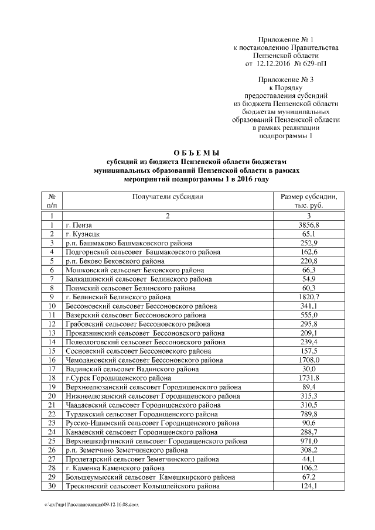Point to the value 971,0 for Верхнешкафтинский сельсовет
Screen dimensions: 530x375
point(309,441)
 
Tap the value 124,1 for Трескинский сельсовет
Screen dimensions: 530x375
point(309,486)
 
